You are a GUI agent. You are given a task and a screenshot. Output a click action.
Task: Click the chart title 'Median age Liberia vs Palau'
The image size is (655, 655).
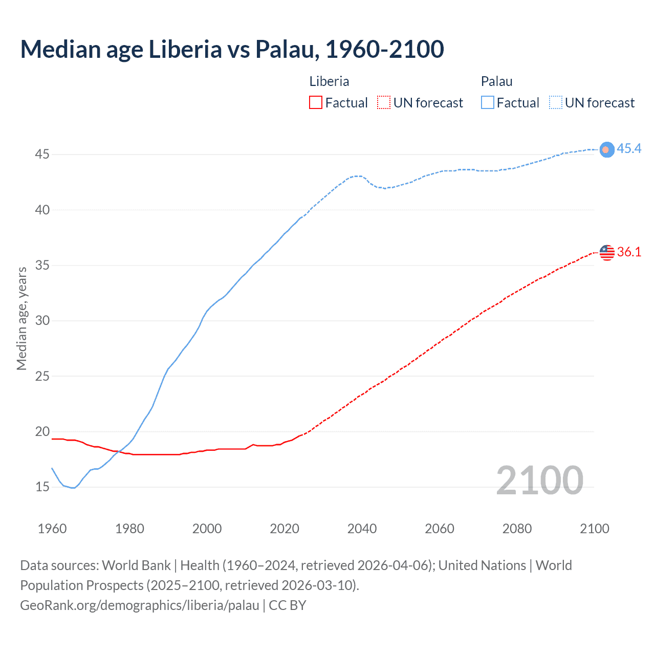(x=232, y=49)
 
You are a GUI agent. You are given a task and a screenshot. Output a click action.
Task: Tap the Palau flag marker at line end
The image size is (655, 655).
(x=606, y=149)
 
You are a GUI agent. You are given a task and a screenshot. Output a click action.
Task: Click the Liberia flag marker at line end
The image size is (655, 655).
(x=606, y=252)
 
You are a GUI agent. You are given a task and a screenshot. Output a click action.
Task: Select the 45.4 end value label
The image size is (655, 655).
(x=629, y=148)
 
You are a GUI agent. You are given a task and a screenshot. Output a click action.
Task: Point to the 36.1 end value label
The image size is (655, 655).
(x=629, y=252)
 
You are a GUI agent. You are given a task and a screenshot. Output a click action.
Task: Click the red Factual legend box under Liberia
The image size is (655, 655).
(x=316, y=102)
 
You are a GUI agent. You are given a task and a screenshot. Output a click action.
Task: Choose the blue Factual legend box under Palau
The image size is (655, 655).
(x=487, y=102)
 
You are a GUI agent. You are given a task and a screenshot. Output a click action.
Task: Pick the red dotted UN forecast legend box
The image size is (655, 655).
(x=384, y=102)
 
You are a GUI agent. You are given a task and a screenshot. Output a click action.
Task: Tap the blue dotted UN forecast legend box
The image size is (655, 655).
(x=555, y=102)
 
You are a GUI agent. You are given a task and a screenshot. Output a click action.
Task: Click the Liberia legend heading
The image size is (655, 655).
(x=329, y=81)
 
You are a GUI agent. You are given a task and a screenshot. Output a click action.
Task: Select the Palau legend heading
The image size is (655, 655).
(x=496, y=81)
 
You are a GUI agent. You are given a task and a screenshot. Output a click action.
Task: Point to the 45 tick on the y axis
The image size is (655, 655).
(x=42, y=154)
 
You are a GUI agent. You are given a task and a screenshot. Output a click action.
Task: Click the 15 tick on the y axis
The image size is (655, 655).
(x=42, y=487)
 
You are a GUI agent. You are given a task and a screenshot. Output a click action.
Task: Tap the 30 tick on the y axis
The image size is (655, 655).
(x=42, y=320)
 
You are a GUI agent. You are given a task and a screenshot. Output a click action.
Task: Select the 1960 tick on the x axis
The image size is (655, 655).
(x=52, y=529)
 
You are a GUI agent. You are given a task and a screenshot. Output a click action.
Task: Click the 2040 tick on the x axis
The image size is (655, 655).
(x=362, y=529)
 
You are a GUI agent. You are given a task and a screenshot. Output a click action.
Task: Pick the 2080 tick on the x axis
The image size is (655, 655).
(x=517, y=529)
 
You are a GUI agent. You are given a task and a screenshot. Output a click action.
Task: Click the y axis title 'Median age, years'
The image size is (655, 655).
(x=21, y=318)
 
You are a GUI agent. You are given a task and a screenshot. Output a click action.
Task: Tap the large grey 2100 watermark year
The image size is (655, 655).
(x=539, y=480)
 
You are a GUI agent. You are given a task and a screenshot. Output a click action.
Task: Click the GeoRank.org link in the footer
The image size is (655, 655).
(x=140, y=605)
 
